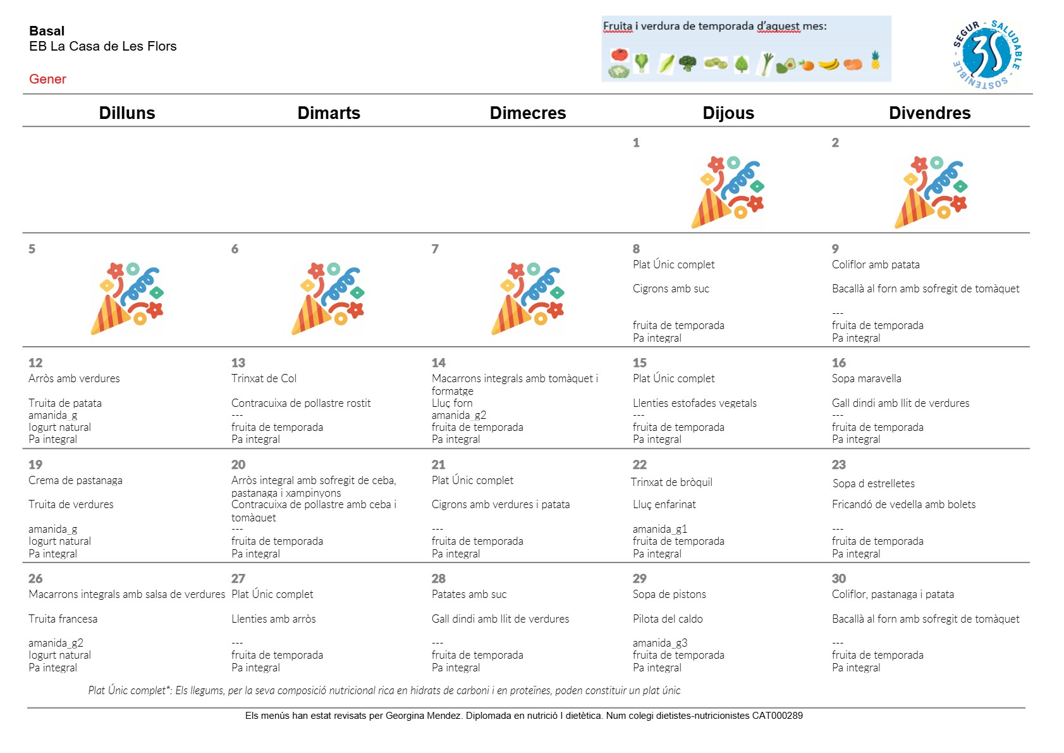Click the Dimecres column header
pyautogui.click(x=527, y=113)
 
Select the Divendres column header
pyautogui.click(x=929, y=113)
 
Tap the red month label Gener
pyautogui.click(x=47, y=79)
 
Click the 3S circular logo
pyautogui.click(x=987, y=54)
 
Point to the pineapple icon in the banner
pyautogui.click(x=876, y=60)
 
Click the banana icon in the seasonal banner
pyautogui.click(x=829, y=64)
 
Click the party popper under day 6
pyautogui.click(x=327, y=298)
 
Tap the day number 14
pyautogui.click(x=438, y=363)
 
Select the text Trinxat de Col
pyautogui.click(x=264, y=378)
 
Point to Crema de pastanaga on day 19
pyautogui.click(x=75, y=480)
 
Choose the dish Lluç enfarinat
pyautogui.click(x=664, y=504)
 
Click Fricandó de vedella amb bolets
pyautogui.click(x=903, y=504)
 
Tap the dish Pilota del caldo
pyautogui.click(x=668, y=619)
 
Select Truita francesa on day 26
pyautogui.click(x=63, y=619)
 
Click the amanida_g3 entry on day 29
pyautogui.click(x=659, y=643)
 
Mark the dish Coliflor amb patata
pyautogui.click(x=876, y=264)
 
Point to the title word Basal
pyautogui.click(x=47, y=31)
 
